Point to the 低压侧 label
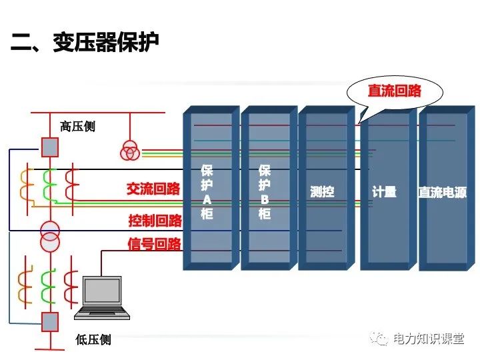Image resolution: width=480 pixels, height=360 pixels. point(93,340)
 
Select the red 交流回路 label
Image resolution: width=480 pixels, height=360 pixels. point(153,189)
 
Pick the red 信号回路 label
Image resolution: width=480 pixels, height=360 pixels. point(154,244)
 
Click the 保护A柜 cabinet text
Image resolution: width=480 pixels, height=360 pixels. point(207,192)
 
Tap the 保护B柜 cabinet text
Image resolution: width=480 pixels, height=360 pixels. point(265,192)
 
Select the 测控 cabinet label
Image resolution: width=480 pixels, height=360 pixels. point(322,192)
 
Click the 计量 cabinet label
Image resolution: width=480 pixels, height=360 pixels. point(384,192)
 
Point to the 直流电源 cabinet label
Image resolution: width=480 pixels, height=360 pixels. point(443,192)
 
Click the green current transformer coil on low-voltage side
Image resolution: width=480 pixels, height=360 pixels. point(49,286)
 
